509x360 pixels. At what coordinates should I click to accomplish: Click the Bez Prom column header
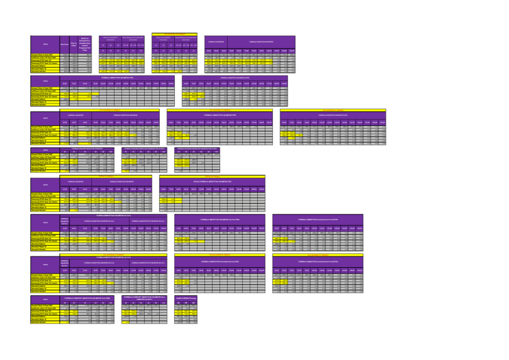(65, 44)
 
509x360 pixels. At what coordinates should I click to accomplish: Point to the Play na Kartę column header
(74, 44)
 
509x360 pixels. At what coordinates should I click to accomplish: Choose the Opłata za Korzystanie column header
(86, 44)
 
